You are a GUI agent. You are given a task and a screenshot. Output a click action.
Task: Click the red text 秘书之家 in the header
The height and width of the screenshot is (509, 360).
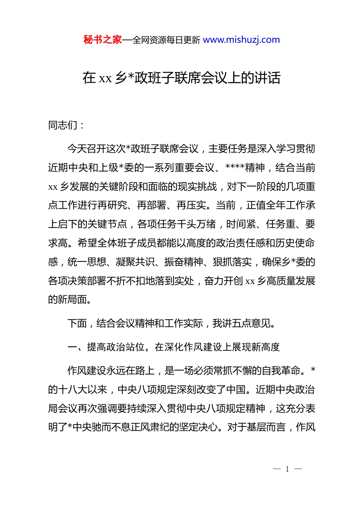[x=102, y=40]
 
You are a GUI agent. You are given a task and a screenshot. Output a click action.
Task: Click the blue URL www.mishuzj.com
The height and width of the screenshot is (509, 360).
[x=241, y=40]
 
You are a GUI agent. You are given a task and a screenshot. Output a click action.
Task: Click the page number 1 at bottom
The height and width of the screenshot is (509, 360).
[x=287, y=469]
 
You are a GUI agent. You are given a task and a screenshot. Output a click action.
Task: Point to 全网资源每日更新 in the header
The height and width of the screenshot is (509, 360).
[x=166, y=40]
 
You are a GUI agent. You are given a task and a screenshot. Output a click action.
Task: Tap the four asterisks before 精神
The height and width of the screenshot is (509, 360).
[x=235, y=168]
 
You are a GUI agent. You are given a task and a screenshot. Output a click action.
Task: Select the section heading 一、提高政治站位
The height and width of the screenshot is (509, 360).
[x=106, y=347]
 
